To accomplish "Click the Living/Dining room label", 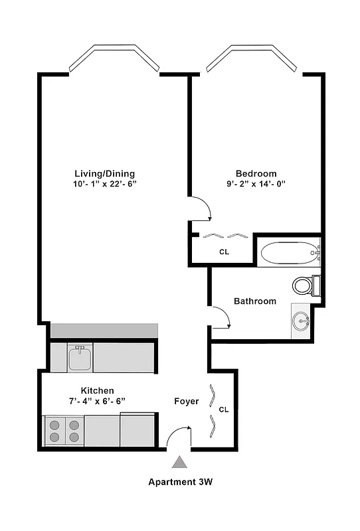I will [106, 174].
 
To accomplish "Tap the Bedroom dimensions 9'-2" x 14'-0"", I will [256, 184].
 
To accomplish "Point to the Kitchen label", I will [98, 390].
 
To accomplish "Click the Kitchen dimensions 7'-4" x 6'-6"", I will [98, 400].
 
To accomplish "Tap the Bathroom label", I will [255, 301].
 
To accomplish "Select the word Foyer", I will [187, 401].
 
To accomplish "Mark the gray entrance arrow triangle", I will [180, 463].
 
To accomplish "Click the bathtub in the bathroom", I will [288, 253].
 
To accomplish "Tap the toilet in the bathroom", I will [306, 285].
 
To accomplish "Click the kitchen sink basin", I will [80, 357].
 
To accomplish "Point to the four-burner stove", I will [64, 431].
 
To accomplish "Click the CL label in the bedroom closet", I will [224, 252].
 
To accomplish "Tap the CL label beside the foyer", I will [224, 410].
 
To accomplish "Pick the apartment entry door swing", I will [177, 437].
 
